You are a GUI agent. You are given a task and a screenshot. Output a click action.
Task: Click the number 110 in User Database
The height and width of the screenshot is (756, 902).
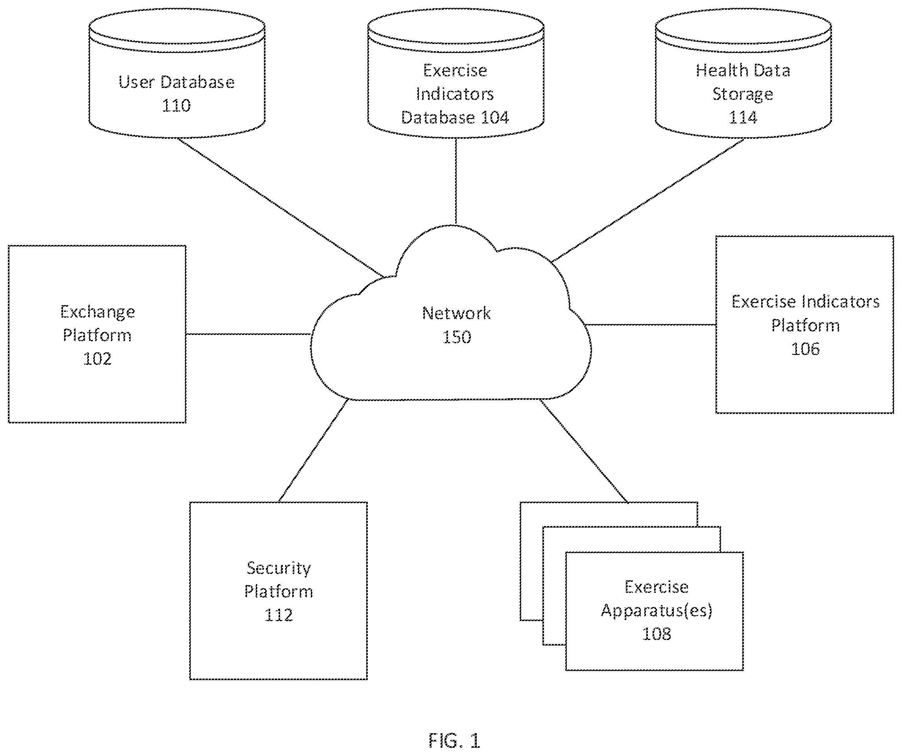(176, 106)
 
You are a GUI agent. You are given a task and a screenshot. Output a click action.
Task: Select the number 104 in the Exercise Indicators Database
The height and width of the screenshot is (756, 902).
(495, 117)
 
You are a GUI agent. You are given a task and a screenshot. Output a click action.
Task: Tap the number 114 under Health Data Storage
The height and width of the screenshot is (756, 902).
(743, 117)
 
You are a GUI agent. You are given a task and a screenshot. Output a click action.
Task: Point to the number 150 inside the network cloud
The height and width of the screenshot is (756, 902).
(457, 337)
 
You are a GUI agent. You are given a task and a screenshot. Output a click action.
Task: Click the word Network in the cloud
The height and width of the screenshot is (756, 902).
(456, 313)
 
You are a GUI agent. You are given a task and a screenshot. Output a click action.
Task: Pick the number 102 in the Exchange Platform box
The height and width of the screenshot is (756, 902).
(97, 359)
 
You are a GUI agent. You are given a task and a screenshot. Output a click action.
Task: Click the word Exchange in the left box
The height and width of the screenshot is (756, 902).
(98, 312)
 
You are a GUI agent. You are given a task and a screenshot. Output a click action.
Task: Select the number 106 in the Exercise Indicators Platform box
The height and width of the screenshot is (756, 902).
(805, 349)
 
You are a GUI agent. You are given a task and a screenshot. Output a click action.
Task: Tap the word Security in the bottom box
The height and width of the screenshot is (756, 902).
(279, 568)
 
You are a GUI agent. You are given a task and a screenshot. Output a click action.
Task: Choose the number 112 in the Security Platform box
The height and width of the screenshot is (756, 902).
(279, 615)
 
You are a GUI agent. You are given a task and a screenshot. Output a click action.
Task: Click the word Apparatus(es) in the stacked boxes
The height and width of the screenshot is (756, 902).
(656, 611)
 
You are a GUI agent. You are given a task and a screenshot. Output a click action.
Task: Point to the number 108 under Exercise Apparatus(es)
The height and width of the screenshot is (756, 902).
(656, 634)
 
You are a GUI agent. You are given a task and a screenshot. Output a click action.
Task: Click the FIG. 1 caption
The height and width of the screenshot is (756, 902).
(454, 741)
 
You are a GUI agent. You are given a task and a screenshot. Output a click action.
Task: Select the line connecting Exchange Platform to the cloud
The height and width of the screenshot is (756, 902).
(248, 334)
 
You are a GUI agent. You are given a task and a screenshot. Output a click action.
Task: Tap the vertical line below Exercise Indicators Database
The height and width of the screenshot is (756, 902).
(456, 181)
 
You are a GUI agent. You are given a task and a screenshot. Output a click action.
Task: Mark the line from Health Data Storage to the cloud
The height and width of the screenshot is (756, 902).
(647, 200)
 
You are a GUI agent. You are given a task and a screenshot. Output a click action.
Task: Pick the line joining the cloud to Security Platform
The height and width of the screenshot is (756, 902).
(313, 451)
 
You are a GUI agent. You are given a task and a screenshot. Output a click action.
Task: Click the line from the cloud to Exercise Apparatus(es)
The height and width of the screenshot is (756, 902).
(584, 451)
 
